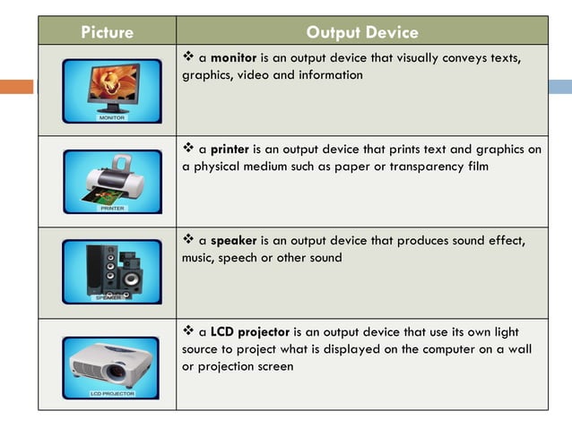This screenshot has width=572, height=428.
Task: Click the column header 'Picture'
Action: click(x=107, y=32)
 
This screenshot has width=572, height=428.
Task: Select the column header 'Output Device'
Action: click(x=361, y=32)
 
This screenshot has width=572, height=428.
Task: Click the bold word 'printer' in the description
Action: click(x=230, y=150)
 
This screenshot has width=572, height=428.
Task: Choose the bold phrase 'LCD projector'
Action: click(x=250, y=332)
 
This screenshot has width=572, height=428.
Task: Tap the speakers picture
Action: click(x=111, y=270)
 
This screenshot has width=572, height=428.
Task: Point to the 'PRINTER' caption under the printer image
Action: click(x=112, y=208)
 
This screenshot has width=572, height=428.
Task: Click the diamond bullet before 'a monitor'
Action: click(x=189, y=57)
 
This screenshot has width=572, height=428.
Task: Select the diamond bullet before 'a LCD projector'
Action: click(x=189, y=331)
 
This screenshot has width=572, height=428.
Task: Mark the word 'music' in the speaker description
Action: click(x=199, y=258)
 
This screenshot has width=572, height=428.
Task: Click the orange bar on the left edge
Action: click(x=17, y=87)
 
